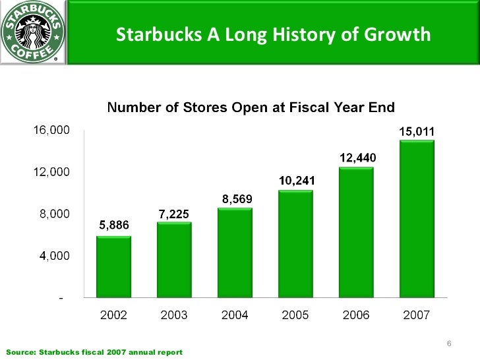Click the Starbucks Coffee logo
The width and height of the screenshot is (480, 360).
click(32, 32)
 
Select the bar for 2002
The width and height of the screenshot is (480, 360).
click(113, 267)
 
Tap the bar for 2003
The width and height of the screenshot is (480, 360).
click(174, 260)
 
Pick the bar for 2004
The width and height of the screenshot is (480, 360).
click(235, 253)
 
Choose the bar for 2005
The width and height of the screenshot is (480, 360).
click(295, 245)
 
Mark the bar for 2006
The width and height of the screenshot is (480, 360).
click(356, 233)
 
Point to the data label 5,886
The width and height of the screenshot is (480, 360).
click(114, 225)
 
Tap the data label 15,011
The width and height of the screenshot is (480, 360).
click(417, 131)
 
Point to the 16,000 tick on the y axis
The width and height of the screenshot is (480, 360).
click(51, 131)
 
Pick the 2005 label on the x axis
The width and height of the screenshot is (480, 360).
click(295, 315)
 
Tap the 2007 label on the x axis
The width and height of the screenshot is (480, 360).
click(417, 315)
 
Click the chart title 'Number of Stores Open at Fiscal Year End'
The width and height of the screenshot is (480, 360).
click(251, 107)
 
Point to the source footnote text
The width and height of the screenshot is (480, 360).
click(94, 352)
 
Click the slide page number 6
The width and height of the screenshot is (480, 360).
click(448, 344)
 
